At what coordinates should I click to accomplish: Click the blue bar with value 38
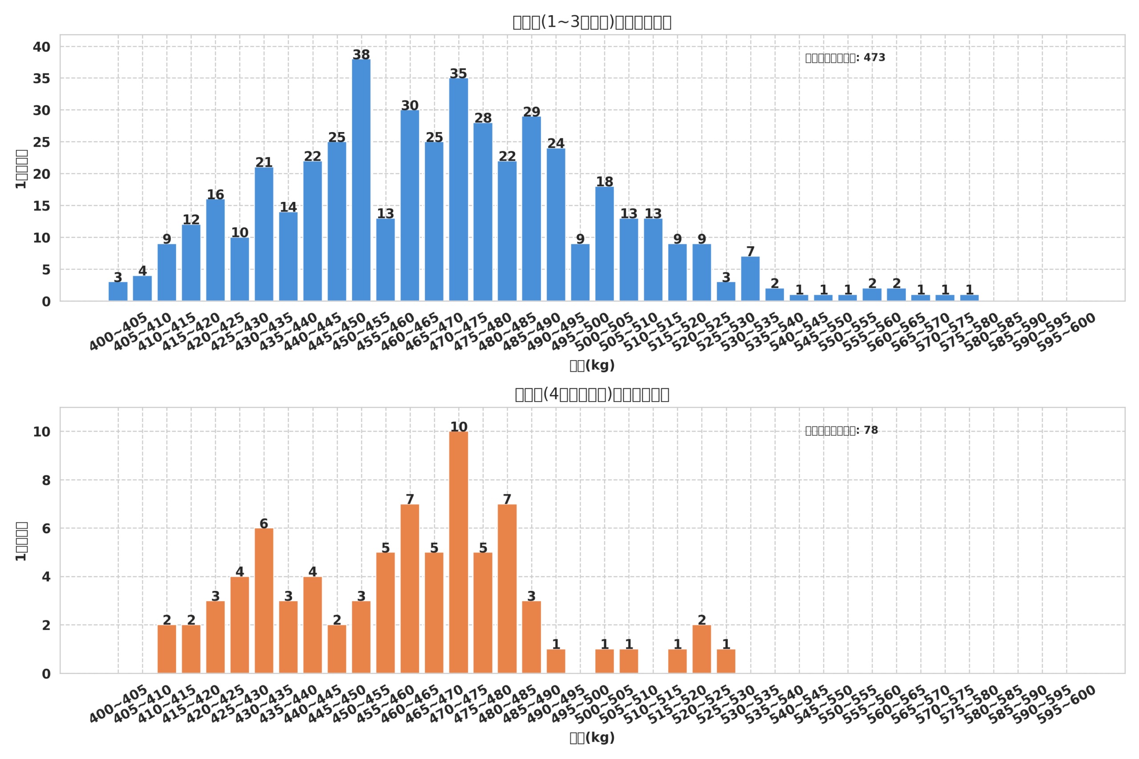(361, 180)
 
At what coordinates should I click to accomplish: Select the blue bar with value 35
(458, 190)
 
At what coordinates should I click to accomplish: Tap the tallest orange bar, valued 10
(458, 552)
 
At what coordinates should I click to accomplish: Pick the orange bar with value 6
(264, 601)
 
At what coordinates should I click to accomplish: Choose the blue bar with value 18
(604, 244)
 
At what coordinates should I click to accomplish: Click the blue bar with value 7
(750, 279)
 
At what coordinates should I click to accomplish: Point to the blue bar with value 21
(264, 234)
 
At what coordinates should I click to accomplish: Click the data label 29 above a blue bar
(531, 112)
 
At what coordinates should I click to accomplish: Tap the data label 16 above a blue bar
(215, 195)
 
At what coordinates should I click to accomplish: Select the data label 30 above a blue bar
(410, 105)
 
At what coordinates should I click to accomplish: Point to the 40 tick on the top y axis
(42, 47)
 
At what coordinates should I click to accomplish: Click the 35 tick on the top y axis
(42, 78)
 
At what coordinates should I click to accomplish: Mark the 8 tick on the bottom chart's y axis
(46, 481)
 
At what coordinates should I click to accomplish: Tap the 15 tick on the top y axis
(42, 206)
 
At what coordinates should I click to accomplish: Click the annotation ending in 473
(845, 58)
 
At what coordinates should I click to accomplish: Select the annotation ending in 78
(841, 430)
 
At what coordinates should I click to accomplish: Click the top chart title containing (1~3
(592, 22)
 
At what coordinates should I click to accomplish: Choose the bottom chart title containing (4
(592, 394)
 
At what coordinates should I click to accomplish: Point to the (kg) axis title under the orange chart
(592, 738)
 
